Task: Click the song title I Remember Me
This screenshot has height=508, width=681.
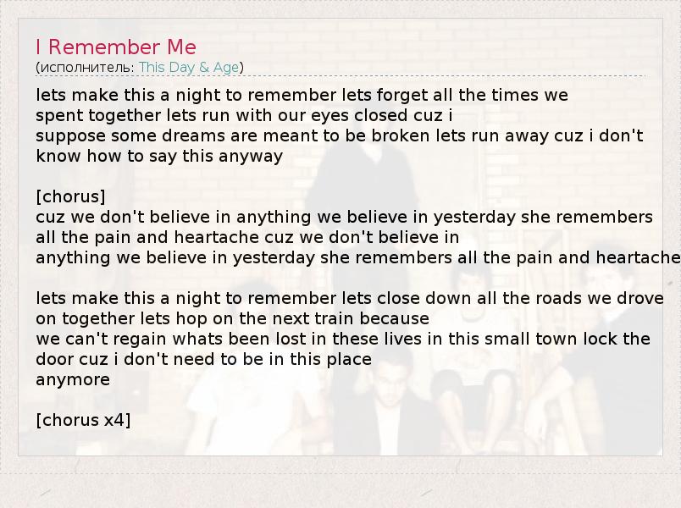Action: tap(116, 47)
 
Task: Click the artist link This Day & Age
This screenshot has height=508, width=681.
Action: tap(189, 67)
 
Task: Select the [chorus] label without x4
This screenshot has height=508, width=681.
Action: tap(71, 196)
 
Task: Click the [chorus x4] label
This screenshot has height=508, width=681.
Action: tap(83, 420)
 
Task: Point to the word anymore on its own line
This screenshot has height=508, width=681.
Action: tap(73, 380)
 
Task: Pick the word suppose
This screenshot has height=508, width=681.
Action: tap(71, 136)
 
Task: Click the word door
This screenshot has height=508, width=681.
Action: tap(54, 360)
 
